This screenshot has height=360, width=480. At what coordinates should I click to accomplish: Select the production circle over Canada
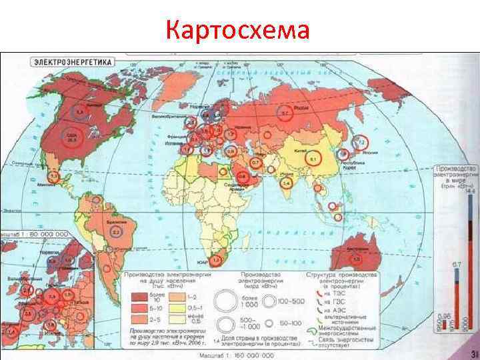pyautogui.click(x=79, y=111)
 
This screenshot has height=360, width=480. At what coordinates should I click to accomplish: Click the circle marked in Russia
pyautogui.click(x=285, y=114)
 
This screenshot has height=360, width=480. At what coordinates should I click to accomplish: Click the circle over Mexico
pyautogui.click(x=54, y=177)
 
